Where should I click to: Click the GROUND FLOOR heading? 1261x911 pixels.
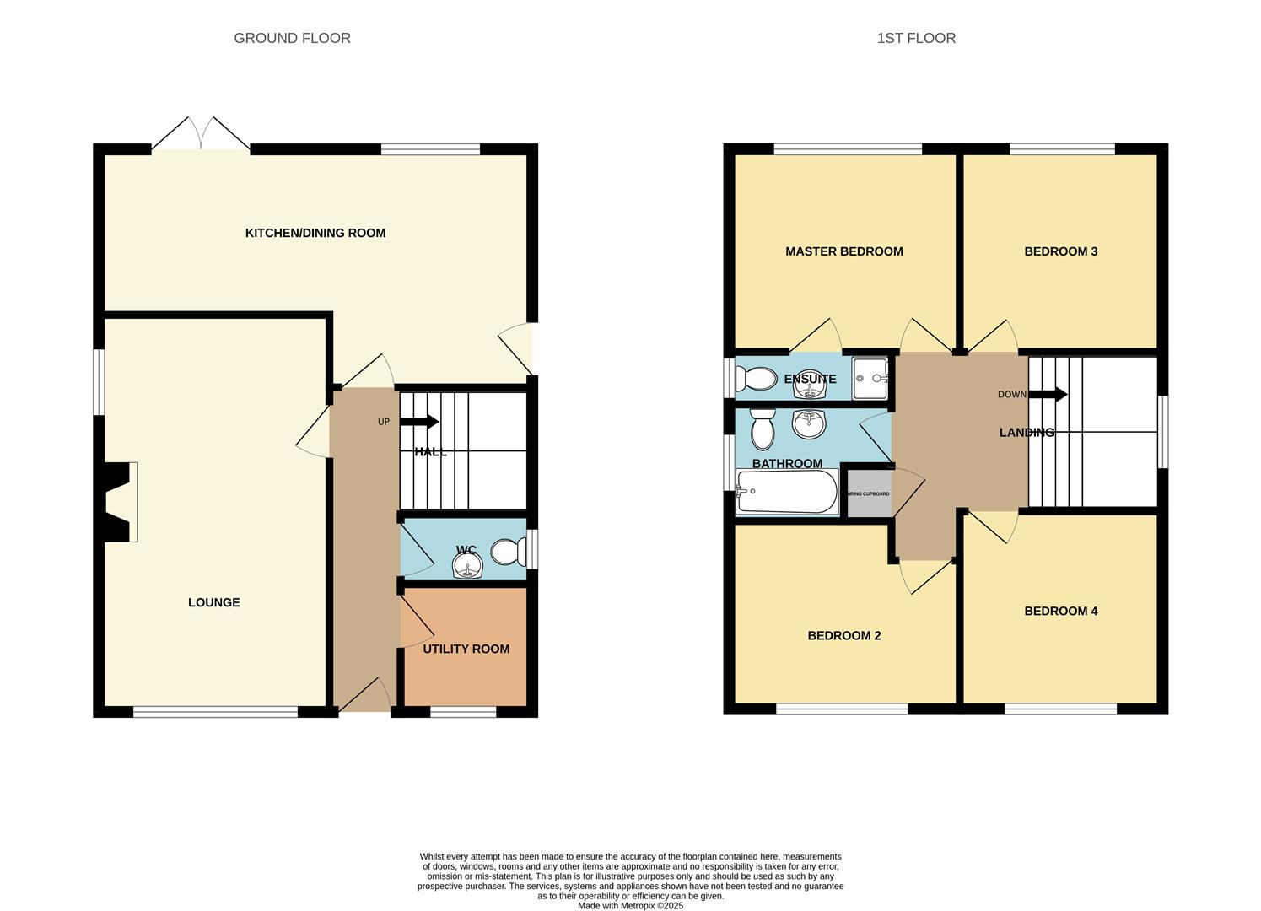pos(292,38)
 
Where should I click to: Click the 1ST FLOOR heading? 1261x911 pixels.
pos(916,38)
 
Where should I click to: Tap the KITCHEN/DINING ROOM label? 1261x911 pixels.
pos(315,233)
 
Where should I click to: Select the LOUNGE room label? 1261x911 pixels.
pos(213,602)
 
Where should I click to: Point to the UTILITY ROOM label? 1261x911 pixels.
pos(466,649)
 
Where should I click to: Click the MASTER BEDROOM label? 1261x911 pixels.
pos(843,251)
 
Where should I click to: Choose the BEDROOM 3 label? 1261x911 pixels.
pos(1060,251)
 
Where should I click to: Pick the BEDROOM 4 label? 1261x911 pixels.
pos(1060,611)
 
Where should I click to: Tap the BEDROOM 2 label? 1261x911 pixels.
pos(843,635)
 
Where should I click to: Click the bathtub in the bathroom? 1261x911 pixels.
pos(786,491)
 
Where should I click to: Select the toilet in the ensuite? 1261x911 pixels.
pos(756,379)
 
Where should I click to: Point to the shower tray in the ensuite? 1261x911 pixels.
pos(870,378)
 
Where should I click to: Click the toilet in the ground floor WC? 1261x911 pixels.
pos(509,553)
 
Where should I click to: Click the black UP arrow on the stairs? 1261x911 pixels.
pos(424,422)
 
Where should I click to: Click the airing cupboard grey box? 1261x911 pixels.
pos(867,493)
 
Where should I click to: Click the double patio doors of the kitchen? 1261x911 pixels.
pos(201,135)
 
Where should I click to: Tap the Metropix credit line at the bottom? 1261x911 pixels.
pos(630,906)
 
